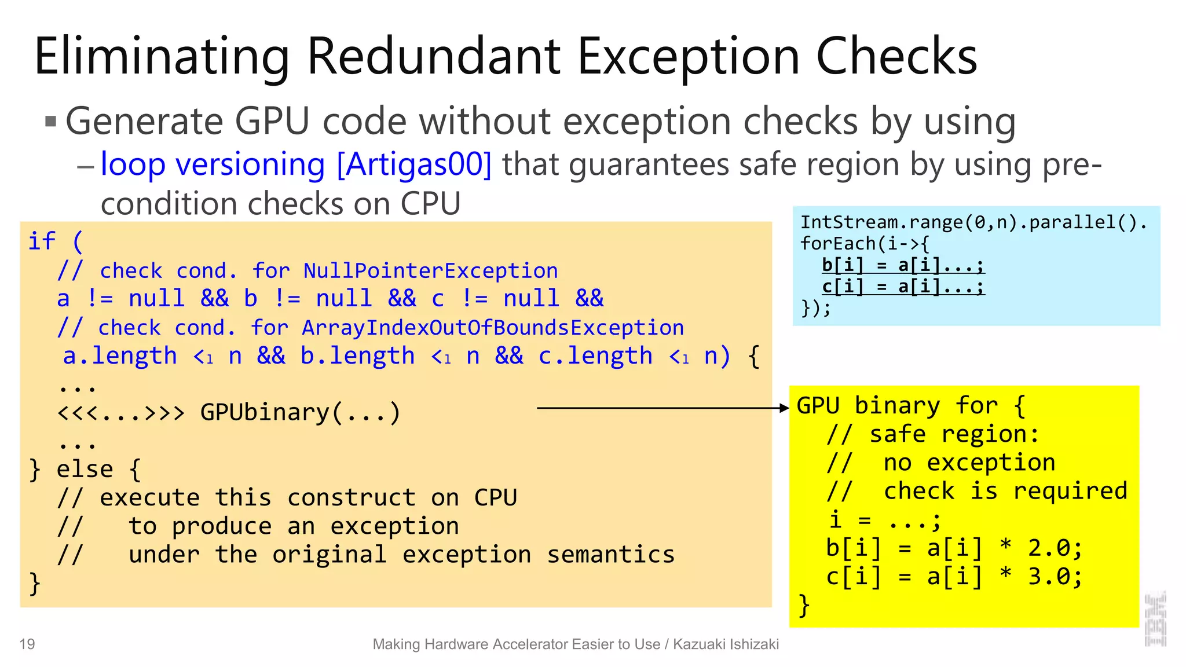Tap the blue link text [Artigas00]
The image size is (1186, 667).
tap(414, 164)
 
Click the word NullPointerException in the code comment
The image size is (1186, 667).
tap(430, 271)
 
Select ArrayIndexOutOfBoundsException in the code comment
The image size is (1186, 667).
tap(492, 328)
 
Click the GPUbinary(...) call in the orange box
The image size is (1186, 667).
tap(300, 413)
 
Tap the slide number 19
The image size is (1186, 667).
tap(27, 644)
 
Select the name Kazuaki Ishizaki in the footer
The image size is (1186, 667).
tap(726, 644)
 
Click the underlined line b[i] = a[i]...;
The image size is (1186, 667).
tap(903, 265)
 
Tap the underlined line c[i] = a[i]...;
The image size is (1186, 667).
tap(903, 287)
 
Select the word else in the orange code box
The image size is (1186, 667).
tap(85, 469)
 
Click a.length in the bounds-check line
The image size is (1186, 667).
tap(120, 356)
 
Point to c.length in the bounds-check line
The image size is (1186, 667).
tap(595, 356)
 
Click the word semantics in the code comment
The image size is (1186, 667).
tap(611, 555)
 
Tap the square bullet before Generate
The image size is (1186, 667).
tap(51, 122)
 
